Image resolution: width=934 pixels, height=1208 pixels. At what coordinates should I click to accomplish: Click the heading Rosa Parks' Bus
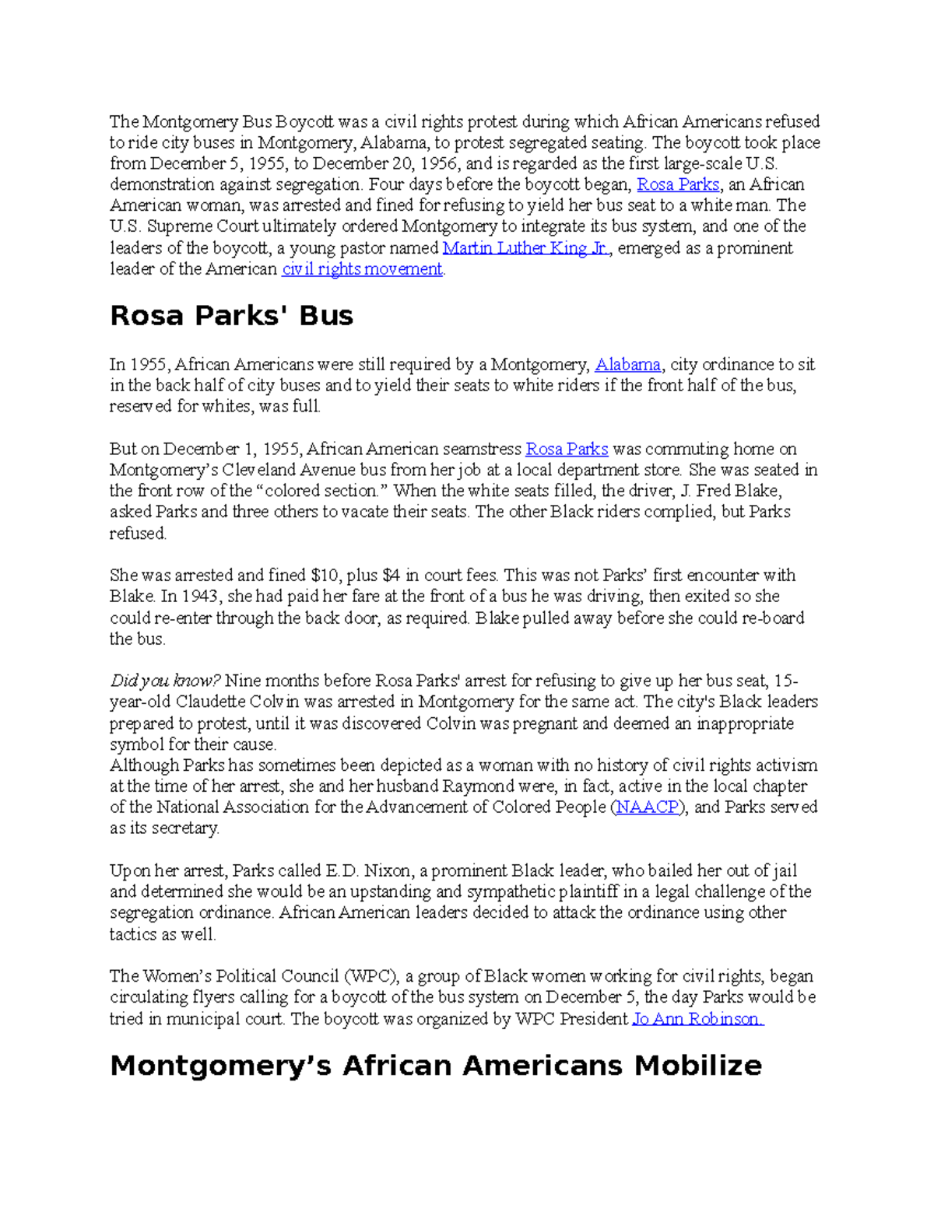point(231,316)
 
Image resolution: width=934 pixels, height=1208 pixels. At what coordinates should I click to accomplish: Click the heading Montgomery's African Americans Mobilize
point(436,1066)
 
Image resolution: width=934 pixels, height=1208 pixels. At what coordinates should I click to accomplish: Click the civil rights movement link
point(362,269)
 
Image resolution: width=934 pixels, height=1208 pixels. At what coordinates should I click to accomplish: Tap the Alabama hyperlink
point(627,364)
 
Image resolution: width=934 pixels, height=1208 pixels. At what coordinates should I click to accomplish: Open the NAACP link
point(648,807)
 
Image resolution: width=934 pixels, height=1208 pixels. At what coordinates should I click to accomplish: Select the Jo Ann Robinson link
point(697,1019)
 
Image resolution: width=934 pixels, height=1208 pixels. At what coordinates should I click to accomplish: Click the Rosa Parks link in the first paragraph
point(678,184)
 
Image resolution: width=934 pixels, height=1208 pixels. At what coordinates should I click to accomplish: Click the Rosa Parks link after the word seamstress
point(567,449)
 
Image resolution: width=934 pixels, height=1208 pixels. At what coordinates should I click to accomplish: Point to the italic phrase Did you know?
point(165,681)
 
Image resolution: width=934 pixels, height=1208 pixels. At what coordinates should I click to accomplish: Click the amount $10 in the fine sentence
point(325,576)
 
